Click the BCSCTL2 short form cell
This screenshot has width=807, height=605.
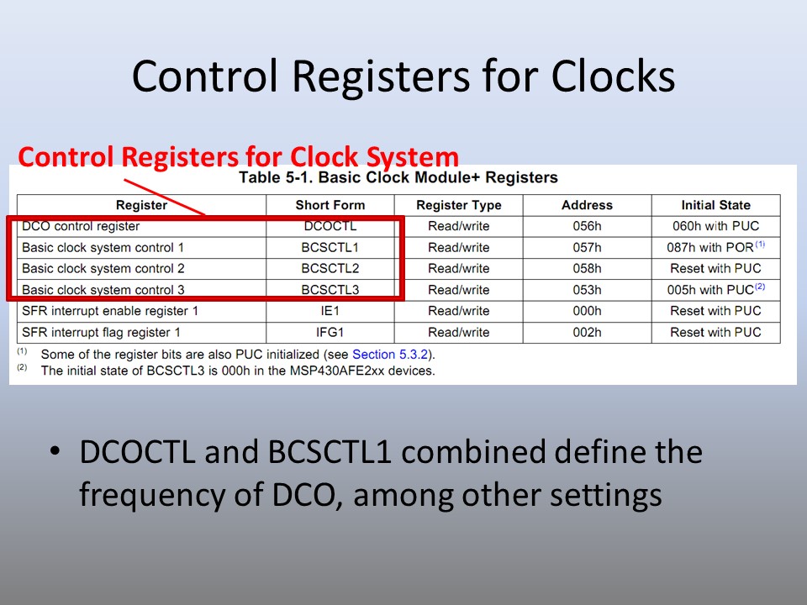pyautogui.click(x=330, y=269)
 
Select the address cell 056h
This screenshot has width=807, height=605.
pyautogui.click(x=587, y=226)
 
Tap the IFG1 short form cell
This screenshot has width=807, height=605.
pyautogui.click(x=330, y=333)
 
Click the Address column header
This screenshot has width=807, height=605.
pyautogui.click(x=587, y=205)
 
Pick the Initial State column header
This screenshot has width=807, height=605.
pyautogui.click(x=715, y=205)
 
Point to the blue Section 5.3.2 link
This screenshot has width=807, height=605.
pyautogui.click(x=389, y=355)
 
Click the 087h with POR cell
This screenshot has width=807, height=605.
pyautogui.click(x=715, y=247)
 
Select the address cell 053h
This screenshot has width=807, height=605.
pyautogui.click(x=587, y=290)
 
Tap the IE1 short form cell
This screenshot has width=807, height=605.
pyautogui.click(x=330, y=311)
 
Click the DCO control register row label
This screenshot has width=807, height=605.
pyautogui.click(x=81, y=226)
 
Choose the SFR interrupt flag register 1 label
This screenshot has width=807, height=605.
pyautogui.click(x=101, y=333)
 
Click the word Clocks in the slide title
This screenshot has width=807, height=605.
pyautogui.click(x=613, y=76)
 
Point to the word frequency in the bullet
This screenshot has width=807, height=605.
pyautogui.click(x=152, y=495)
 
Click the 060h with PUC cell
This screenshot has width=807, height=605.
pyautogui.click(x=715, y=226)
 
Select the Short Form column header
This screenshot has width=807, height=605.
pyautogui.click(x=330, y=205)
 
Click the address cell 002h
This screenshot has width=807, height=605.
pyautogui.click(x=587, y=333)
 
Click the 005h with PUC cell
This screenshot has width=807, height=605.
pyautogui.click(x=715, y=289)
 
